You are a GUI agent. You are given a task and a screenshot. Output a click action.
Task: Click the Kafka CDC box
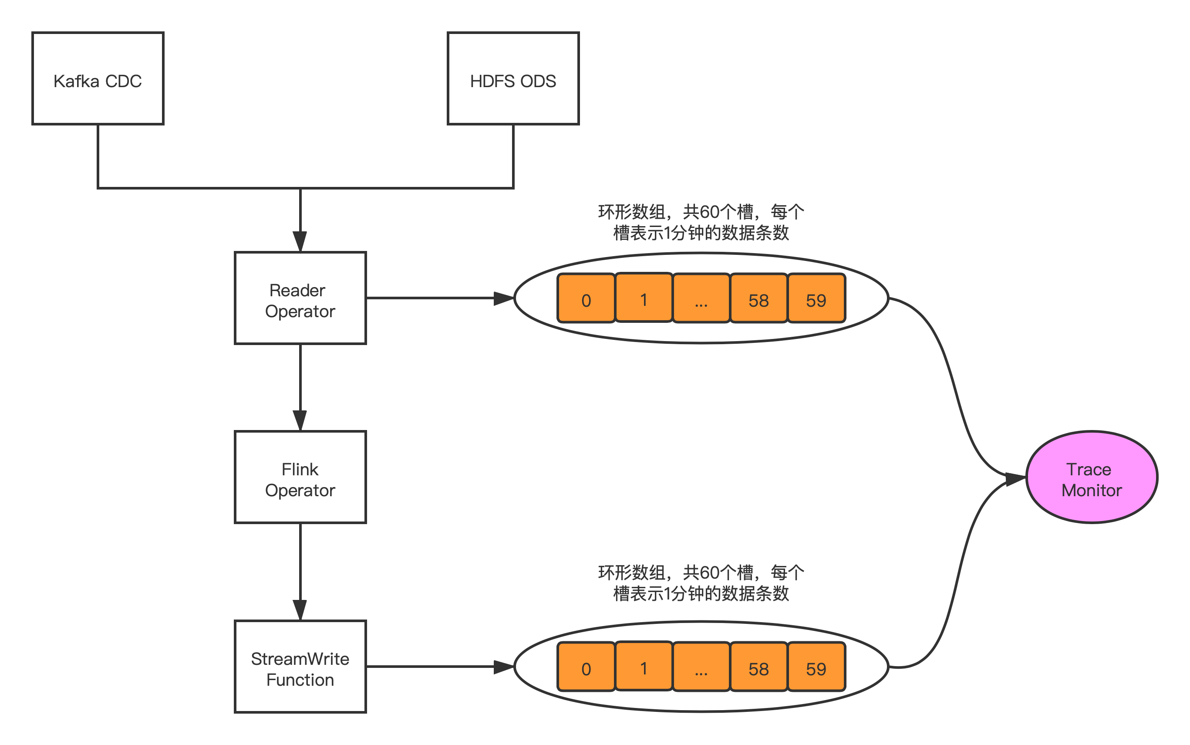point(98,79)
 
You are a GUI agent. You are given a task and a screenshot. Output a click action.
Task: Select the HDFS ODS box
point(512,79)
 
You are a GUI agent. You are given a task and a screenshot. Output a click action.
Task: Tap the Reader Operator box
point(300,298)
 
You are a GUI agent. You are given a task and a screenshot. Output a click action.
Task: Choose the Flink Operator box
point(300,477)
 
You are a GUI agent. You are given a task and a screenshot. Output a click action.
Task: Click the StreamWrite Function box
point(300,666)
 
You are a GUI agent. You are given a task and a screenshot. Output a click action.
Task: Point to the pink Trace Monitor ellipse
point(1092,477)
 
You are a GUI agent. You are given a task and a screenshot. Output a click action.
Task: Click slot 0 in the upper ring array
point(586,298)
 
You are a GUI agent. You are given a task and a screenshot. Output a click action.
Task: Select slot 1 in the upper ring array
point(644,298)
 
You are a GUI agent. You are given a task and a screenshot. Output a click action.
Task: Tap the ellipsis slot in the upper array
point(701,298)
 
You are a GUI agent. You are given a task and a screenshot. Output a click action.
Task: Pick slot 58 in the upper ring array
point(758,298)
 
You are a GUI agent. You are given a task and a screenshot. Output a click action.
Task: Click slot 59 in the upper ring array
point(816,298)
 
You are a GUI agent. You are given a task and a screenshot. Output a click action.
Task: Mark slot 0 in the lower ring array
point(586,667)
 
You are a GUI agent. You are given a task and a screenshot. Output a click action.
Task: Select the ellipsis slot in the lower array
point(701,667)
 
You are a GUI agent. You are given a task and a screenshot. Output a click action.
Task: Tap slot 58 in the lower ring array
point(758,667)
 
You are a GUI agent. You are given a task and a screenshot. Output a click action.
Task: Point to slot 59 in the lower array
point(816,667)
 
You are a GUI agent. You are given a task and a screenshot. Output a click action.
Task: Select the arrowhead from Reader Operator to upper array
point(503,298)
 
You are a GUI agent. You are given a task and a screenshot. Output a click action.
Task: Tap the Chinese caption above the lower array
point(701,583)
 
